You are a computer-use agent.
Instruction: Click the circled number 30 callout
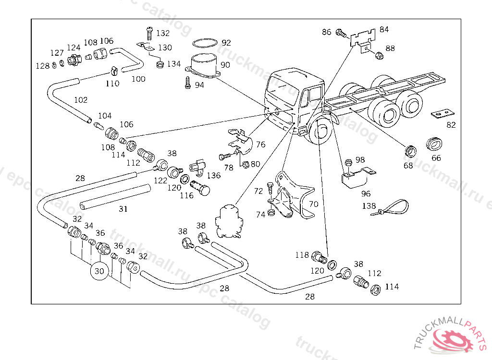click(x=99, y=271)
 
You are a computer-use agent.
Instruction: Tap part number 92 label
click(x=226, y=43)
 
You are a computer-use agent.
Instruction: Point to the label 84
click(x=384, y=29)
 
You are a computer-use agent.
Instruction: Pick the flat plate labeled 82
click(x=443, y=114)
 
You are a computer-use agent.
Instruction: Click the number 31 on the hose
click(x=123, y=209)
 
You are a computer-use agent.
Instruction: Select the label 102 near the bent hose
click(x=81, y=100)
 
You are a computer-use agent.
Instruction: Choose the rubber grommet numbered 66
click(x=435, y=144)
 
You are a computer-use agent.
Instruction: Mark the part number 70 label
click(x=313, y=204)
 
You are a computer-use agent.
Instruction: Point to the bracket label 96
click(x=366, y=194)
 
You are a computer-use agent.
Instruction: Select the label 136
click(x=214, y=176)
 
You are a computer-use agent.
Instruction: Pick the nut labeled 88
click(x=378, y=56)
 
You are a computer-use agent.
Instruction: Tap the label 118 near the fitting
click(x=302, y=255)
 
